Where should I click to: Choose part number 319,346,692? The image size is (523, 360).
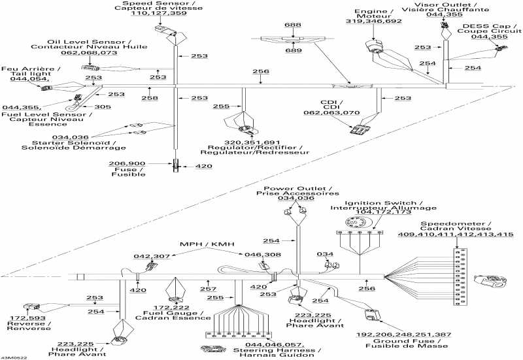click(373, 22)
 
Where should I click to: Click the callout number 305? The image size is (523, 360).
click(103, 107)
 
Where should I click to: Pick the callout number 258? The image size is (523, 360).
click(150, 97)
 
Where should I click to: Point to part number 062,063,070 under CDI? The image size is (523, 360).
click(341, 112)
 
